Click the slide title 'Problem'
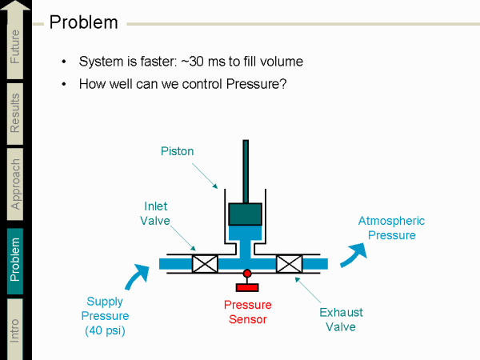click(x=83, y=22)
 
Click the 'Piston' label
click(x=177, y=150)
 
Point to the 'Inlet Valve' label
click(x=156, y=214)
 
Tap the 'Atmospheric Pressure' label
click(x=391, y=228)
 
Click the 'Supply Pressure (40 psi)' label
click(x=106, y=316)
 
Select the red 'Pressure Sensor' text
click(x=247, y=312)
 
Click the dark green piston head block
click(x=246, y=214)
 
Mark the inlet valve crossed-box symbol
click(x=206, y=263)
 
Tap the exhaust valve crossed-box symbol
click(x=288, y=263)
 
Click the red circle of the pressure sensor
click(x=247, y=274)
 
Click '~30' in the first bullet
click(x=190, y=62)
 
